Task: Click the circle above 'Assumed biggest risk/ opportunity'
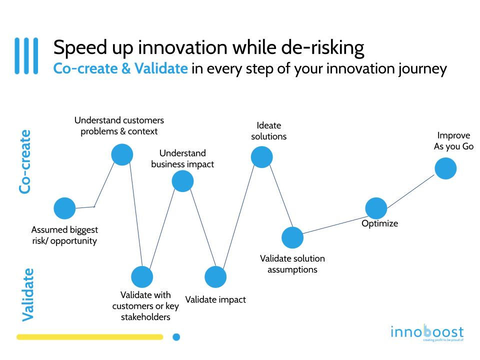click(64, 208)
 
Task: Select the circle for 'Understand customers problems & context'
click(122, 154)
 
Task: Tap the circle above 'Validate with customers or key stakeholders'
click(142, 276)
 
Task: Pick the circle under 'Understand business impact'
click(182, 181)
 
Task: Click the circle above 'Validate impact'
click(215, 276)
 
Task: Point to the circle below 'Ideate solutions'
click(261, 157)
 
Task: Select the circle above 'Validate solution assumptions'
click(292, 237)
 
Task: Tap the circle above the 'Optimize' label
click(376, 208)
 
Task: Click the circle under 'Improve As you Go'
click(445, 168)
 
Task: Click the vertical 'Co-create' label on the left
click(25, 161)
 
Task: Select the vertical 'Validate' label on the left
click(28, 294)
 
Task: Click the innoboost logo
click(427, 332)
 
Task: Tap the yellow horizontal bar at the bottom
click(90, 337)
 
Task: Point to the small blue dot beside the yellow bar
click(176, 337)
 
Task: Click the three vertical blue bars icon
click(26, 56)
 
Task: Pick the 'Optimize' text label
click(380, 223)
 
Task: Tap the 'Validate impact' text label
click(215, 299)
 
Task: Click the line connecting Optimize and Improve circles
click(411, 190)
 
